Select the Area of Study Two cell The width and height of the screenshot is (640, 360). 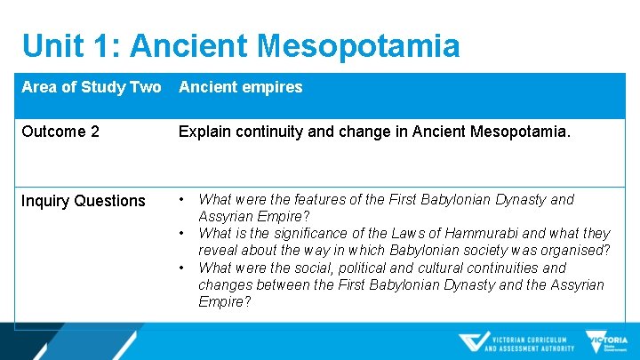[x=92, y=87]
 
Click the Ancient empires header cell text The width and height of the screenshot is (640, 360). [x=240, y=87]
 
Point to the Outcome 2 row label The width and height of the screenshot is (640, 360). [x=60, y=132]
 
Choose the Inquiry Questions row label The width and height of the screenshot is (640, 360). [x=83, y=201]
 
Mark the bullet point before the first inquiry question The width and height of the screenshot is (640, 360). [x=181, y=200]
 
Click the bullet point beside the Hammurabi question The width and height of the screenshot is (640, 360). [x=181, y=234]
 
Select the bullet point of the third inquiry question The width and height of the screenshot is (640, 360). [x=181, y=268]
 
